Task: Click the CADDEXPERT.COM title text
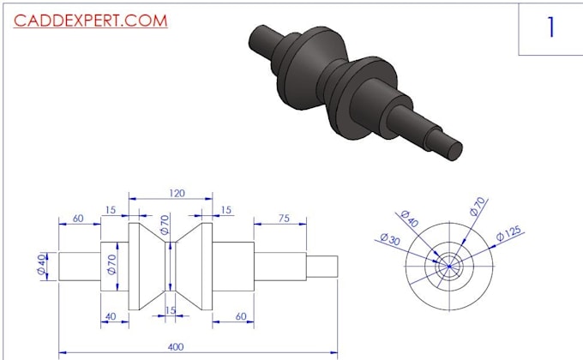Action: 90,21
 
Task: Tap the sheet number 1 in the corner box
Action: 551,27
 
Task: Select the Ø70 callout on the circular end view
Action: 478,207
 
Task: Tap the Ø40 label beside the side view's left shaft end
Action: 41,265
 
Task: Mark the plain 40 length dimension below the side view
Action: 111,316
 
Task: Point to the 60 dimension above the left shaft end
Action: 78,219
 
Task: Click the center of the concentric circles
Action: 448,266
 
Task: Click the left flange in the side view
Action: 135,266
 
